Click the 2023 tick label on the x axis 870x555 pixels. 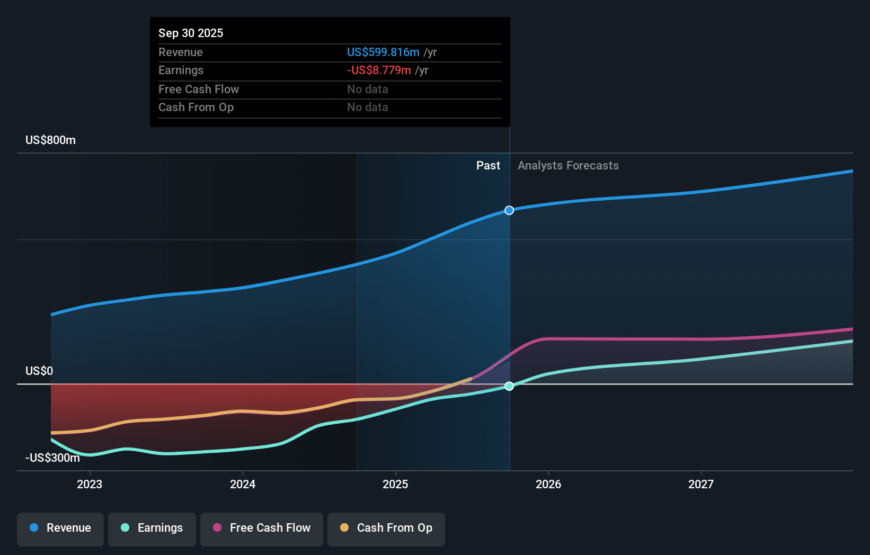90,484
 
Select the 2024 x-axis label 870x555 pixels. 243,484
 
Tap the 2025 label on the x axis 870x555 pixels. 395,484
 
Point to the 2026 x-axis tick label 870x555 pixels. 548,484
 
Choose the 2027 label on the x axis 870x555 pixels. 701,484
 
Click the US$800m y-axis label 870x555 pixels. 51,140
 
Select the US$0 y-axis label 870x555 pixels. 39,371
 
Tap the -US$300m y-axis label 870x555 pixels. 53,458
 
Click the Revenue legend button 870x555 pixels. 60,528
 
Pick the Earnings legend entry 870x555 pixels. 152,528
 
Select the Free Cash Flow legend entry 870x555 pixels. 262,528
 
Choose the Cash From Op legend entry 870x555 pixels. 386,528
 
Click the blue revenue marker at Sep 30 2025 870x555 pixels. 509,210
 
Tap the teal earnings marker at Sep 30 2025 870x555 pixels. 509,386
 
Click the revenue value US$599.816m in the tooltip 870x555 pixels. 383,52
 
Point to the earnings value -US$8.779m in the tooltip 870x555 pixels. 379,70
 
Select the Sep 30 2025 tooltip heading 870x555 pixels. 191,33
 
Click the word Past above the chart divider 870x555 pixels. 488,166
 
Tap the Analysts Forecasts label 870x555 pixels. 568,166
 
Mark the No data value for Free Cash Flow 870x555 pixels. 368,89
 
